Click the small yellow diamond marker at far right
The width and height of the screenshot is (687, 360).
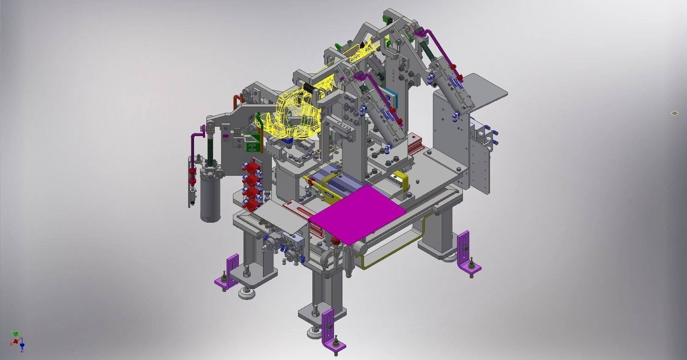(x=674, y=113)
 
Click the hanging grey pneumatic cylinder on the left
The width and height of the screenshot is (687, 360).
(x=211, y=192)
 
